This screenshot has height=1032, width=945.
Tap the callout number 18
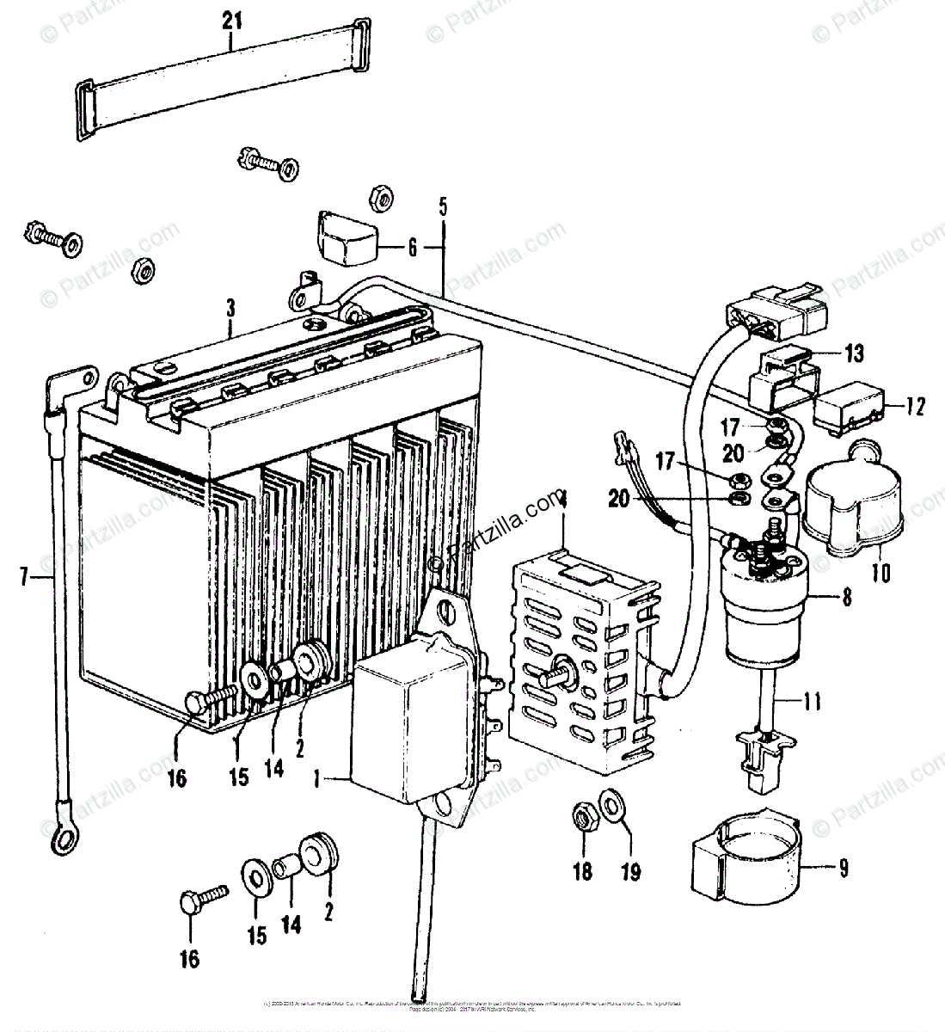point(583,871)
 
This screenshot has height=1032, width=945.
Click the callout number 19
point(631,871)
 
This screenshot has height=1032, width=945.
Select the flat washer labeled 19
point(612,807)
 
